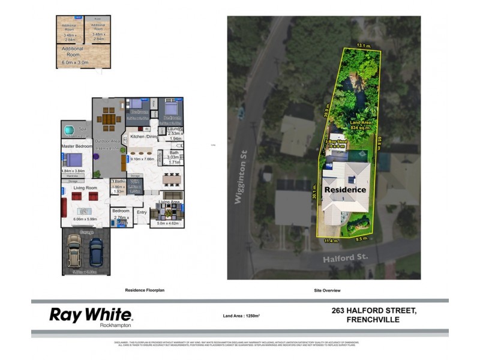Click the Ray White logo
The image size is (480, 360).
point(91,314)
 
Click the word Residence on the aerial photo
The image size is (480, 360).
point(346,190)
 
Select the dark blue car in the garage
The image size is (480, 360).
point(96,251)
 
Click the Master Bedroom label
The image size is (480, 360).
point(76,146)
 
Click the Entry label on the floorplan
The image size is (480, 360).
point(142,212)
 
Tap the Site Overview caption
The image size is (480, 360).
point(327,290)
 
